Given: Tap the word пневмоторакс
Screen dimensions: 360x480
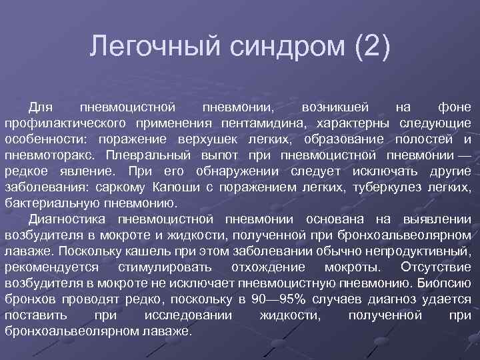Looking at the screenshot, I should click(x=54, y=155).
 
